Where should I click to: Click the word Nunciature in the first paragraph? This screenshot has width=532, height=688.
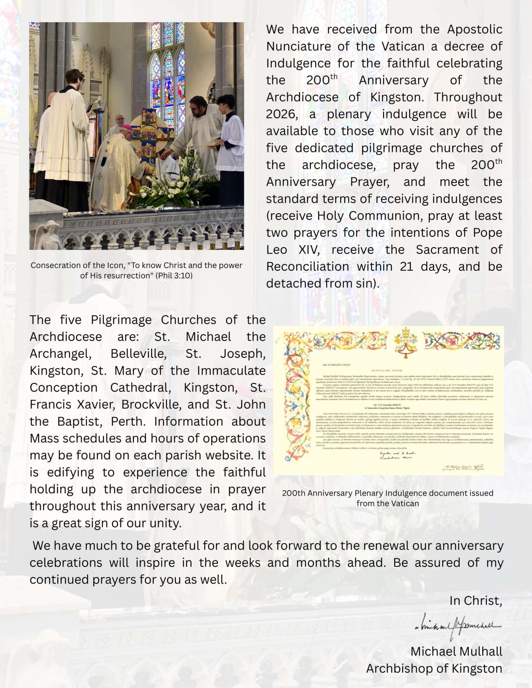[298, 46]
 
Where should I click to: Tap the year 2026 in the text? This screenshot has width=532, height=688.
[282, 114]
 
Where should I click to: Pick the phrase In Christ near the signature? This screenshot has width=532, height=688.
[475, 600]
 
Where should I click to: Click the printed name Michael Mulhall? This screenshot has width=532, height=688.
[456, 651]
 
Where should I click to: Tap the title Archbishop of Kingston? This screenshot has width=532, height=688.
[434, 668]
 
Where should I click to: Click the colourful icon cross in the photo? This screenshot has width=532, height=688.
[149, 136]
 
